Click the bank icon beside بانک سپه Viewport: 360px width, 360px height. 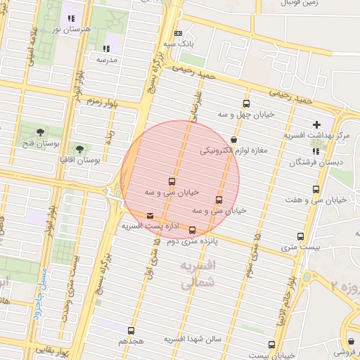pyautogui.click(x=178, y=33)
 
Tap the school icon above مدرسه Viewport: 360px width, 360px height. pyautogui.click(x=106, y=49)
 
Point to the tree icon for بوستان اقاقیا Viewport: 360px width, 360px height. pyautogui.click(x=80, y=149)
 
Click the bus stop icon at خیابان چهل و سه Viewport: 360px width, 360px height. pyautogui.click(x=245, y=103)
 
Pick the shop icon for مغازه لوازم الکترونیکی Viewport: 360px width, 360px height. pyautogui.click(x=233, y=139)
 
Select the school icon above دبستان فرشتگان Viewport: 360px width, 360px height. pyautogui.click(x=315, y=150)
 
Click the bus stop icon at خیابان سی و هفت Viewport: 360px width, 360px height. pyautogui.click(x=315, y=189)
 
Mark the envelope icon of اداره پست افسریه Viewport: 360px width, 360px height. pyautogui.click(x=150, y=216)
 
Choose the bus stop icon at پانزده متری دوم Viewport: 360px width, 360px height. pyautogui.click(x=192, y=230)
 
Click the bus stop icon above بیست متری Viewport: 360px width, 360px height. pyautogui.click(x=300, y=236)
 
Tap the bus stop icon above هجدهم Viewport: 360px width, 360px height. pyautogui.click(x=131, y=330)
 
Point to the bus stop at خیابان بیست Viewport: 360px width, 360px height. pyautogui.click(x=272, y=344)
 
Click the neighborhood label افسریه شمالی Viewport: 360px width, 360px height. pyautogui.click(x=198, y=275)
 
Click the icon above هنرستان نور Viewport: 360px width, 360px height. pyautogui.click(x=70, y=18)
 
